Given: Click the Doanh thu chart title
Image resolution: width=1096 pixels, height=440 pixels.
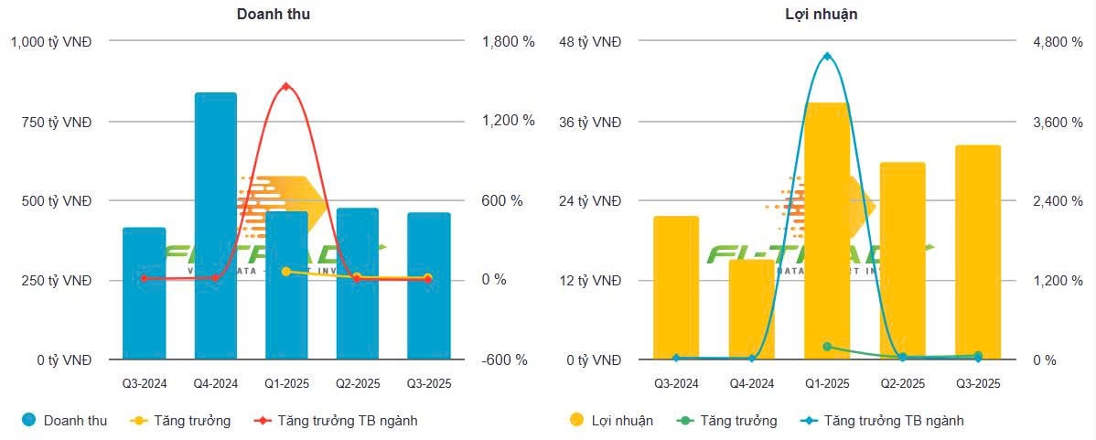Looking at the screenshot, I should [x=273, y=14].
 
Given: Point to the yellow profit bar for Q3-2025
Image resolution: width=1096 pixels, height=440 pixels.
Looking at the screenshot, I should [x=978, y=252].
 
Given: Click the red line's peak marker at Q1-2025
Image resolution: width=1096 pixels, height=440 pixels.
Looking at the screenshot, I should [x=286, y=87].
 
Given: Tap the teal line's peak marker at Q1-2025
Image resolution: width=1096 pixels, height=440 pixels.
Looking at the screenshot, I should [x=827, y=57].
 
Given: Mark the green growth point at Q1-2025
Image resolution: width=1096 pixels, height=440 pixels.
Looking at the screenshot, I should [x=827, y=347].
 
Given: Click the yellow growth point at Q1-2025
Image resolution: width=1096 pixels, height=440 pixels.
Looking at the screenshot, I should [x=286, y=272].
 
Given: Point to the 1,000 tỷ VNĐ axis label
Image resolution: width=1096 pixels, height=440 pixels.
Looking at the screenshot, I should [x=51, y=42].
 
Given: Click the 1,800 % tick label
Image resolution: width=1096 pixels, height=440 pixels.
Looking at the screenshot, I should [x=508, y=42].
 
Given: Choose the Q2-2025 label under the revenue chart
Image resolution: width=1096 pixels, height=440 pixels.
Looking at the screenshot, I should [x=358, y=383].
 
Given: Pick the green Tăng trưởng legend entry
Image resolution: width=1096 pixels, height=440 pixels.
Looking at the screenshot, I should [x=727, y=421].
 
